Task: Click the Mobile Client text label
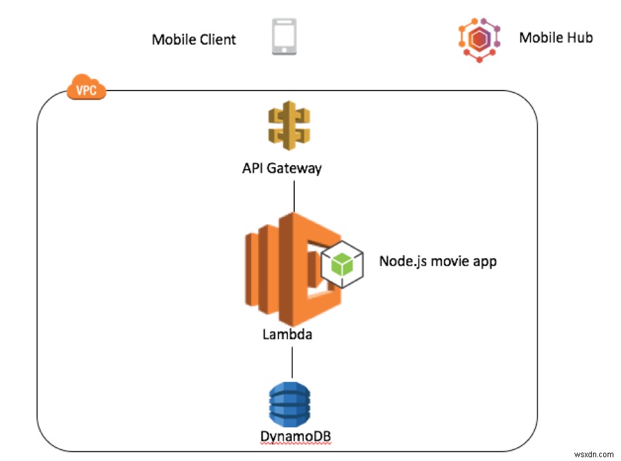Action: click(194, 40)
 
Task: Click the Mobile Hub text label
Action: click(556, 38)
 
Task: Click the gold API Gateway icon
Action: click(289, 126)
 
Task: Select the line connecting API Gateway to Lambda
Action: click(294, 195)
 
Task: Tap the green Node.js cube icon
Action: click(343, 263)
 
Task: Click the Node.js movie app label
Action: click(438, 261)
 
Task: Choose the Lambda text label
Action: click(287, 334)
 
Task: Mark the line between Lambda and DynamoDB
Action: click(292, 362)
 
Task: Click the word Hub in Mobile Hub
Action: click(580, 38)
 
